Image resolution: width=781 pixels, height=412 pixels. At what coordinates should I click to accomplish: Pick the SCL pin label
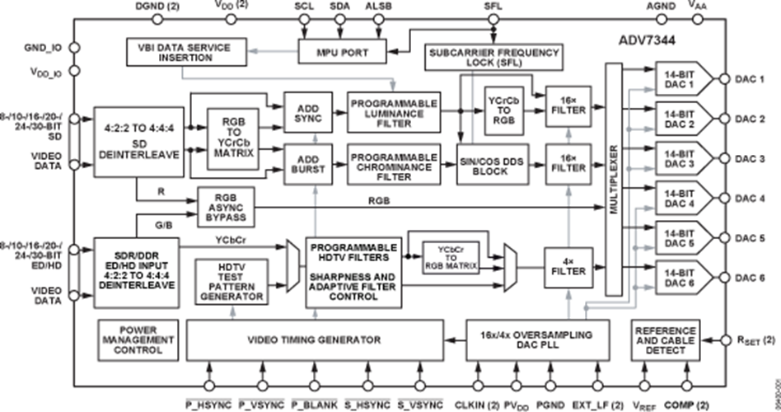[305, 7]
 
